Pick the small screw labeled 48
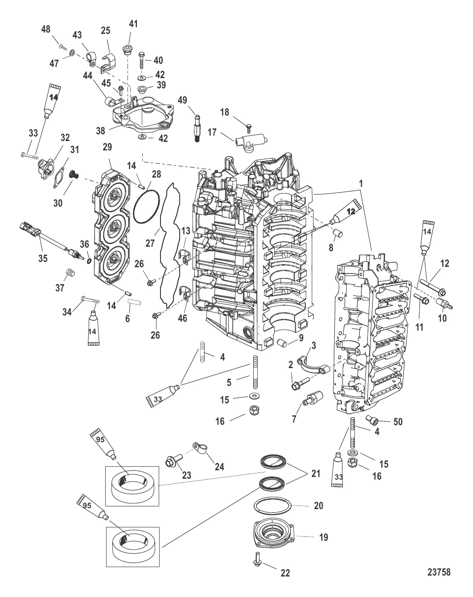[x=62, y=46]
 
